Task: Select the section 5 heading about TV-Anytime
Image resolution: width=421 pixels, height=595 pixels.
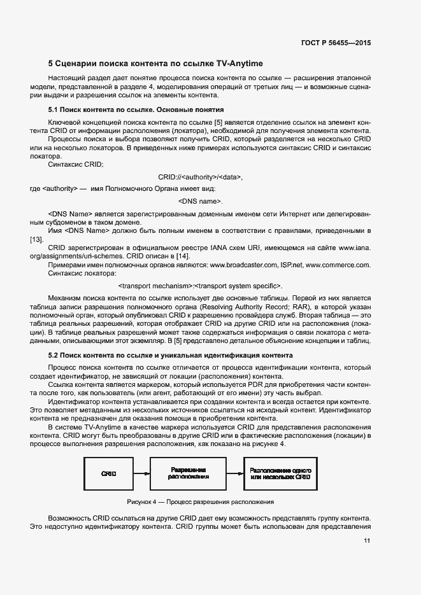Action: tap(155, 64)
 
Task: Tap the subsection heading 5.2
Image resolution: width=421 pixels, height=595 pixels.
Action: tap(170, 355)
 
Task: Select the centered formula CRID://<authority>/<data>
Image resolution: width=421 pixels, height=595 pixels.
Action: tap(200, 177)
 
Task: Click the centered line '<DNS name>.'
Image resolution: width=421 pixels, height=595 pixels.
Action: tap(201, 201)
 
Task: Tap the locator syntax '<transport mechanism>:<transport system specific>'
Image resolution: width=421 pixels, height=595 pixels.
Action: tap(201, 286)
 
